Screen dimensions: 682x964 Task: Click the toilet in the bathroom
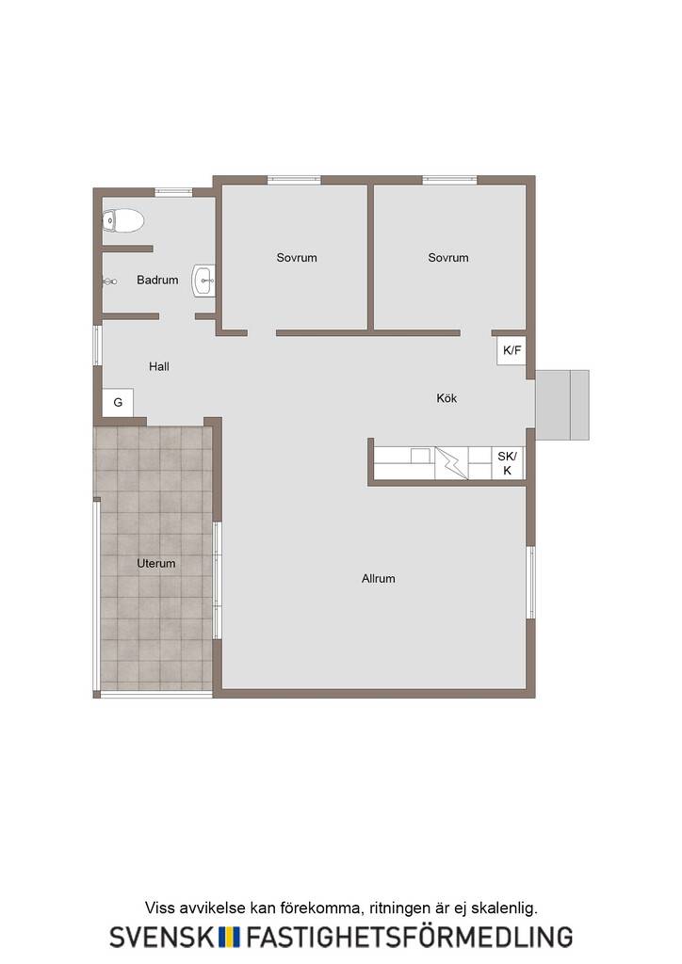coord(123,220)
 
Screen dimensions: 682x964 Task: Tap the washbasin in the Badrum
coord(203,281)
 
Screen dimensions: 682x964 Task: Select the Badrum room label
coord(157,280)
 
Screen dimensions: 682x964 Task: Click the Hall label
coord(158,366)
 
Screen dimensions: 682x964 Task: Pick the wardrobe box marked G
coord(118,402)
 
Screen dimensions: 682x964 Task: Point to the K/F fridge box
coord(511,350)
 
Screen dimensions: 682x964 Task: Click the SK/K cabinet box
coord(508,463)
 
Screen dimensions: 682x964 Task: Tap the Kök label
coord(447,398)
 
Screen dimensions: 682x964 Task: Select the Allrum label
coord(378,579)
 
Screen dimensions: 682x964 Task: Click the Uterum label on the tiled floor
coord(156,563)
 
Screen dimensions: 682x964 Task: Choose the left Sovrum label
coord(297,258)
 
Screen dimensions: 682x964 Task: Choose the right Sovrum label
coord(448,258)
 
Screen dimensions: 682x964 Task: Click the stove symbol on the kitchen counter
coord(451,463)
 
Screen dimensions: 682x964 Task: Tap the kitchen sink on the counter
coord(421,455)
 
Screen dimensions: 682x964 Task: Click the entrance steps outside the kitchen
coord(562,405)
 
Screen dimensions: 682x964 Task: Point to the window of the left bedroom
coord(294,180)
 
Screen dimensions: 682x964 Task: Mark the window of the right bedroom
coord(449,180)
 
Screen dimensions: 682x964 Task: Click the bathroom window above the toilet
coord(173,192)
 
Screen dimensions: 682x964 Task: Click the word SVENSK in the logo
coord(162,937)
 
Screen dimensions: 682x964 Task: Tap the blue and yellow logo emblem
coord(230,937)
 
